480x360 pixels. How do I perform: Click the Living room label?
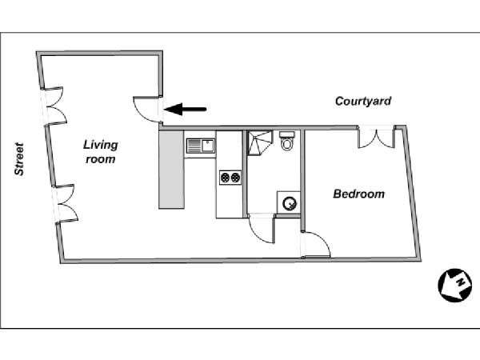point(101,152)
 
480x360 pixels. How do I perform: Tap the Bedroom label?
point(358,194)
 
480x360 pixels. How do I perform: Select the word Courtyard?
point(363,101)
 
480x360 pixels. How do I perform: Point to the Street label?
point(19,159)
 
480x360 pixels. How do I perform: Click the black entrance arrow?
point(186,109)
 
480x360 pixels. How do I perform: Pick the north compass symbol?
point(455,286)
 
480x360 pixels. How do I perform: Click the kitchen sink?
point(201,146)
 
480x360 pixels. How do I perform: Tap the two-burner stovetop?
point(230,178)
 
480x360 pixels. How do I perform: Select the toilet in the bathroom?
point(287,141)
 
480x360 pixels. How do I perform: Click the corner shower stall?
point(259,142)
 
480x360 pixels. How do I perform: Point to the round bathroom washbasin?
point(290,203)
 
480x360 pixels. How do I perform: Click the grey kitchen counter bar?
point(171,170)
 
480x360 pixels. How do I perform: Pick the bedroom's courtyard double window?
point(377,137)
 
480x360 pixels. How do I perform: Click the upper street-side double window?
point(55,106)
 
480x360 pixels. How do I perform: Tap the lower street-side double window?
point(66,203)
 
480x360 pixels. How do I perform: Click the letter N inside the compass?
point(460,282)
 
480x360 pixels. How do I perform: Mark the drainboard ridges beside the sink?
point(194,146)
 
